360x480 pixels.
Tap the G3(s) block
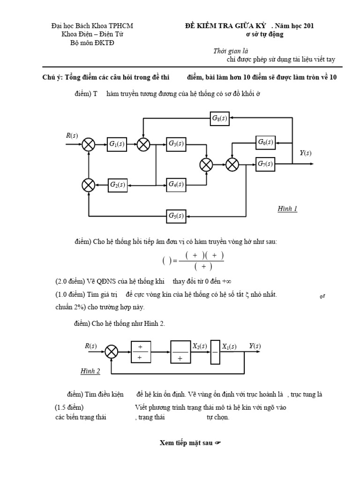[x=176, y=144]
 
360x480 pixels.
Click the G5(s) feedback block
[x=176, y=216]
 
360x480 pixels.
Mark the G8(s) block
[x=219, y=118]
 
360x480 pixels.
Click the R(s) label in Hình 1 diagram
[x=72, y=136]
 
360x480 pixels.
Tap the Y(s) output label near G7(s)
[x=305, y=153]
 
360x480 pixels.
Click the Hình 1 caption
[x=287, y=209]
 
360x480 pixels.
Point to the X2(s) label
[x=200, y=346]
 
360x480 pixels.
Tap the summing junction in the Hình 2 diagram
[x=111, y=352]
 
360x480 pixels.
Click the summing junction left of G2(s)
[x=89, y=185]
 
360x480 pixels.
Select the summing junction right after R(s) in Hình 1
[x=89, y=144]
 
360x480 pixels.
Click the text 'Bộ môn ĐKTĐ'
[x=92, y=43]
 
